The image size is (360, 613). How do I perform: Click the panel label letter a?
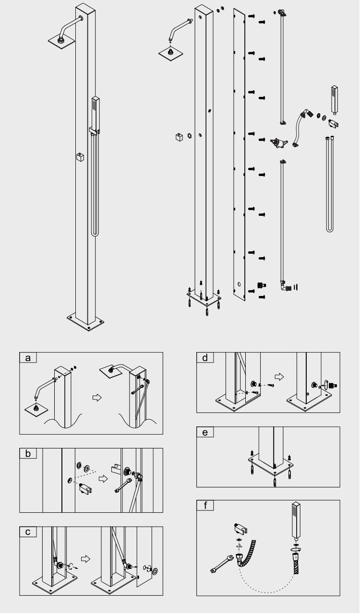tap(28, 358)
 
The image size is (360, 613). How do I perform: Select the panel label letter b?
tap(28, 453)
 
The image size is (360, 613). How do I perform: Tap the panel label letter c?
tap(28, 532)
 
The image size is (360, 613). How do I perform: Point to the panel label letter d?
tap(205, 357)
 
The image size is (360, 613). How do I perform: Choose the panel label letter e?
tap(205, 432)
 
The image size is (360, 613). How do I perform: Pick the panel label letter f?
tap(205, 505)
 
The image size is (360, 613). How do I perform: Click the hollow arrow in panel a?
tap(97, 397)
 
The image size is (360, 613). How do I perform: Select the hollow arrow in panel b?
tap(103, 479)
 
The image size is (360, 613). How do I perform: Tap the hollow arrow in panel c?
tap(85, 559)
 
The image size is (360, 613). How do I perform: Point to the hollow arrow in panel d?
tap(279, 377)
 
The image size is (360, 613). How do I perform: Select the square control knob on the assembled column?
tap(80, 157)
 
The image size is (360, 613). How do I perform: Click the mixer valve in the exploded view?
tap(279, 142)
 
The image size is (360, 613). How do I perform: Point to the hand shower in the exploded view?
tap(334, 100)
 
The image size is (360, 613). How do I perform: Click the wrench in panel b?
tap(123, 485)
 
